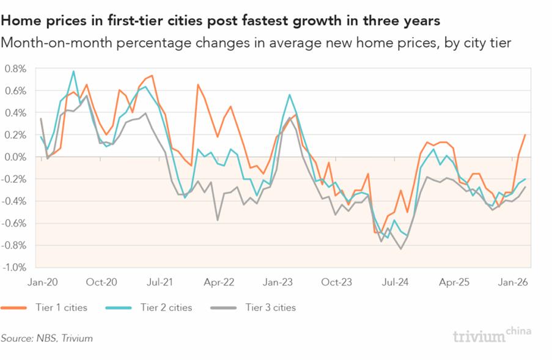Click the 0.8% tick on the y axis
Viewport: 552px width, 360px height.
[15, 68]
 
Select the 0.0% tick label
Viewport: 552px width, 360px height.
[15, 157]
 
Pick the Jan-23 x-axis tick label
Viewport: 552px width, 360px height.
[278, 282]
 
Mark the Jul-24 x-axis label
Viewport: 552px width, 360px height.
[396, 282]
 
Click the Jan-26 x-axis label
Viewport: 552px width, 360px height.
[514, 282]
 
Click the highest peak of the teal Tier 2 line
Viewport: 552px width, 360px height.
[73, 71]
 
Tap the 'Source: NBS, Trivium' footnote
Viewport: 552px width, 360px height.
[47, 337]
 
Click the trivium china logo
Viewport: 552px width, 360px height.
[491, 335]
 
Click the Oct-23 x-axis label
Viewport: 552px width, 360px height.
[337, 282]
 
